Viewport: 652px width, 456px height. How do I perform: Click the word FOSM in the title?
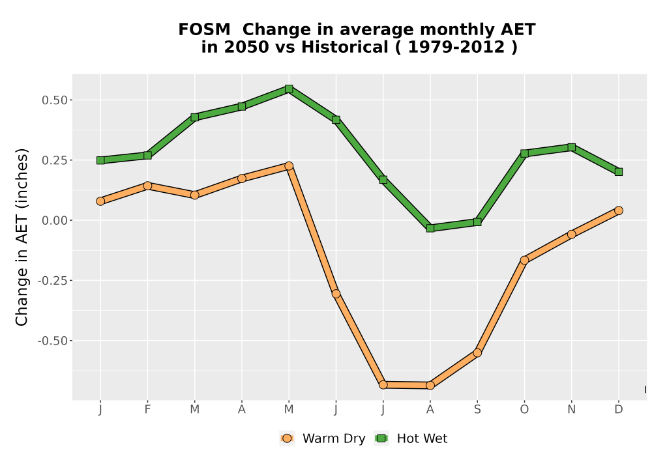[x=204, y=30]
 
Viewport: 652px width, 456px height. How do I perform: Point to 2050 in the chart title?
[x=246, y=47]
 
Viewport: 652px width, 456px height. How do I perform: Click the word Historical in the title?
[x=345, y=47]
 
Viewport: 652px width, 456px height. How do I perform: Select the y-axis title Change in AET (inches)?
[x=22, y=237]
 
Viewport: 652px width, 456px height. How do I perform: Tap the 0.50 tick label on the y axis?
[x=55, y=100]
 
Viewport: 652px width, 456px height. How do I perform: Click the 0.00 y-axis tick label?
[x=55, y=221]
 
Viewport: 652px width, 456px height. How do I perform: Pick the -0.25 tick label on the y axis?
[x=52, y=281]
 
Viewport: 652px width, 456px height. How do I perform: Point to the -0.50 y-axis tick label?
[x=52, y=341]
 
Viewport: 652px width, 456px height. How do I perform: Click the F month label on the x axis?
[x=147, y=410]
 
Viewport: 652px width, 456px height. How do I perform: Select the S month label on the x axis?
[x=477, y=410]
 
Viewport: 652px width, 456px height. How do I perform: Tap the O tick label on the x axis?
[x=524, y=410]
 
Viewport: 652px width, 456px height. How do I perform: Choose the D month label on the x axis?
[x=619, y=410]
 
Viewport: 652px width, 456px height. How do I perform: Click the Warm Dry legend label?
[x=334, y=438]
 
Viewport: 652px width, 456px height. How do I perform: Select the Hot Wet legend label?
[x=422, y=438]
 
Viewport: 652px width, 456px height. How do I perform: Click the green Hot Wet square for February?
[x=147, y=155]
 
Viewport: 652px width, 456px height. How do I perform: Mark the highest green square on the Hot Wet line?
[x=289, y=89]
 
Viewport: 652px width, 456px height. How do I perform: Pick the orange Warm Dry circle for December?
[x=619, y=210]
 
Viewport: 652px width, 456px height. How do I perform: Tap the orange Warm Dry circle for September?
[x=477, y=353]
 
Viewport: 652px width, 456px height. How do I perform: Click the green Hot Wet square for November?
[x=572, y=147]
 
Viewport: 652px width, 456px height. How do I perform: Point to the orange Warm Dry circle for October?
[x=524, y=261]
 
